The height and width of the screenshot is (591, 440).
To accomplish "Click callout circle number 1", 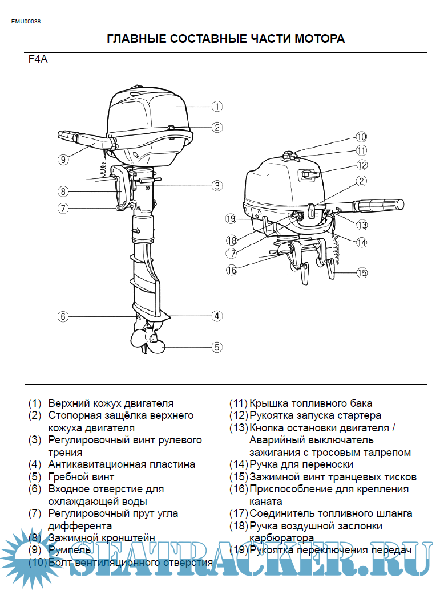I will tap(216, 106).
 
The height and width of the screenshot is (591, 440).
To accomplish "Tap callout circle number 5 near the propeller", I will tap(216, 346).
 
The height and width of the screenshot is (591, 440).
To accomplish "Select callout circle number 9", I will tap(63, 160).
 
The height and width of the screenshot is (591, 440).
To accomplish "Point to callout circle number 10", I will tap(361, 137).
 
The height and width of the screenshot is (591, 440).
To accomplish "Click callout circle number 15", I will tap(362, 272).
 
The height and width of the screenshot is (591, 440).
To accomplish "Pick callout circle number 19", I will tap(231, 218).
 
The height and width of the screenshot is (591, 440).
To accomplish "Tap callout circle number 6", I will tap(63, 316).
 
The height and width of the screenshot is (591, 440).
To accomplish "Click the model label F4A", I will tap(38, 59).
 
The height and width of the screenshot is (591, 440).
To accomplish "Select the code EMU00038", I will tap(26, 22).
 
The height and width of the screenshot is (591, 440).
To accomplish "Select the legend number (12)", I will tap(239, 415).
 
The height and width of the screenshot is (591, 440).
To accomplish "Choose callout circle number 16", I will tap(231, 270).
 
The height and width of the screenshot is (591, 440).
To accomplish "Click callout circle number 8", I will tap(63, 191).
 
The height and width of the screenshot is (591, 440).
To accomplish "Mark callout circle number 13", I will tap(362, 225).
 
